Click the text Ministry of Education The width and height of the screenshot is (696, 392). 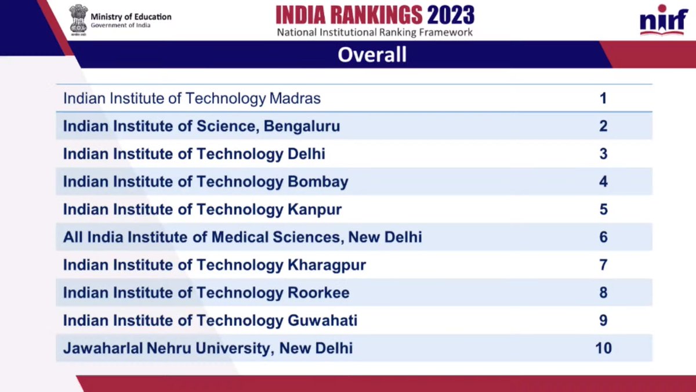[131, 17]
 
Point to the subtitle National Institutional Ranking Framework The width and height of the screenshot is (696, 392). [375, 33]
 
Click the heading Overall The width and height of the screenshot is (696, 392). [372, 55]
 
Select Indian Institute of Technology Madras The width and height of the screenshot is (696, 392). [191, 98]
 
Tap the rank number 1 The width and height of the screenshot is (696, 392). [603, 98]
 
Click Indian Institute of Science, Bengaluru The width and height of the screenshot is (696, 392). [201, 126]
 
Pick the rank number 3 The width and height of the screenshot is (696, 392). [603, 154]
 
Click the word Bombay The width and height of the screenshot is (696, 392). [318, 182]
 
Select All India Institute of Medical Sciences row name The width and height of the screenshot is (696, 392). [242, 238]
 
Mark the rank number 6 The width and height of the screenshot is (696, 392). [603, 238]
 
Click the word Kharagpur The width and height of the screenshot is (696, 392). [327, 265]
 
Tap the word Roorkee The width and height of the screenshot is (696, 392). [318, 293]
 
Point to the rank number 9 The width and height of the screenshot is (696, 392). [603, 321]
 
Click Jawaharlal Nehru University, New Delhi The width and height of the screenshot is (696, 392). [208, 349]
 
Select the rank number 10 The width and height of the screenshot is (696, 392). [603, 348]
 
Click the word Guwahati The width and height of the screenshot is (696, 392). [322, 321]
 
